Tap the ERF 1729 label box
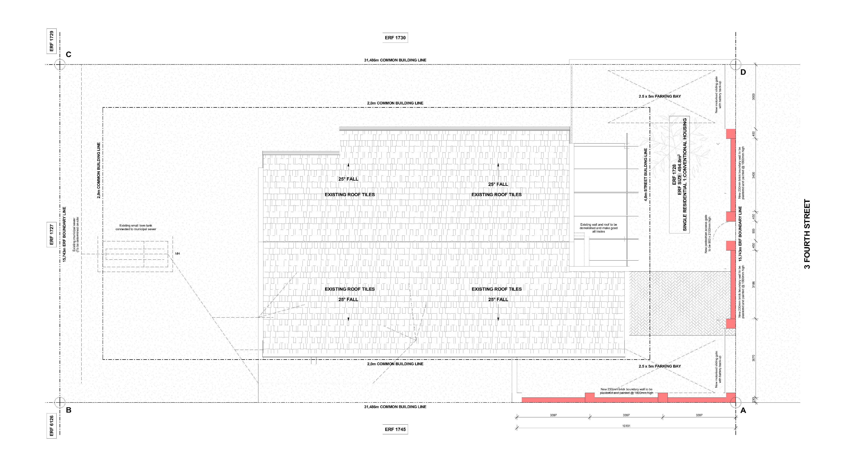pyautogui.click(x=51, y=41)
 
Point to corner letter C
pyautogui.click(x=68, y=55)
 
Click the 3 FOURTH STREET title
pyautogui.click(x=807, y=234)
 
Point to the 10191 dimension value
pyautogui.click(x=626, y=426)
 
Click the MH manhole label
pyautogui.click(x=178, y=253)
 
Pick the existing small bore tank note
pyautogui.click(x=136, y=227)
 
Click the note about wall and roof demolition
pyautogui.click(x=598, y=228)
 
